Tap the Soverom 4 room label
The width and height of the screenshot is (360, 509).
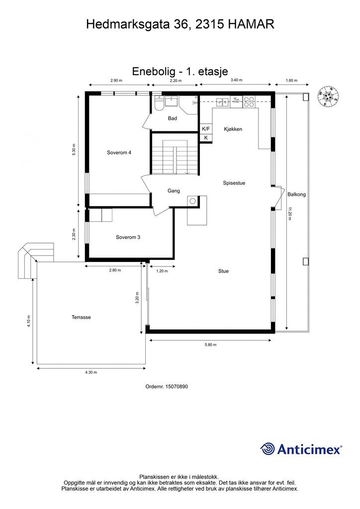pyautogui.click(x=119, y=153)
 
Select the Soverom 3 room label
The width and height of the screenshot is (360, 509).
pyautogui.click(x=128, y=237)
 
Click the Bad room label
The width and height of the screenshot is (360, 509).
pyautogui.click(x=173, y=118)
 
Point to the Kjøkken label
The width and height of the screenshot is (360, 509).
pyautogui.click(x=233, y=129)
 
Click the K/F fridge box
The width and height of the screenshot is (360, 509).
pyautogui.click(x=206, y=129)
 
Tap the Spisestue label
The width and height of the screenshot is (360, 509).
pyautogui.click(x=234, y=183)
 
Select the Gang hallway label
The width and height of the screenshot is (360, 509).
pyautogui.click(x=173, y=191)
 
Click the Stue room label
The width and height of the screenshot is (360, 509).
pyautogui.click(x=223, y=271)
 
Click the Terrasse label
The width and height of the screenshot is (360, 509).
pyautogui.click(x=81, y=317)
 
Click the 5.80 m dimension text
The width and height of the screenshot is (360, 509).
pyautogui.click(x=210, y=344)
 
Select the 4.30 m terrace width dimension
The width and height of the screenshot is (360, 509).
pyautogui.click(x=90, y=372)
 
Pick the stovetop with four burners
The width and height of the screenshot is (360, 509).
pyautogui.click(x=249, y=102)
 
